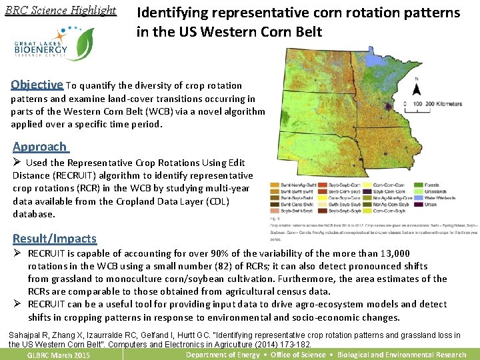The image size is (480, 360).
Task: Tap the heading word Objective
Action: (x=37, y=85)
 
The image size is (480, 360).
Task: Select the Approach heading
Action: (x=40, y=147)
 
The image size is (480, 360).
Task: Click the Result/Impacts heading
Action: (x=55, y=239)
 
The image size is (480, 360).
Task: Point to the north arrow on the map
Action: (x=417, y=91)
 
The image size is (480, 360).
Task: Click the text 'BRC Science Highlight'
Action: (x=60, y=11)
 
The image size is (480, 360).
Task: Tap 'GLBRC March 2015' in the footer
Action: (x=58, y=355)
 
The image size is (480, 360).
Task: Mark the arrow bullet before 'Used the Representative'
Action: (x=18, y=163)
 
